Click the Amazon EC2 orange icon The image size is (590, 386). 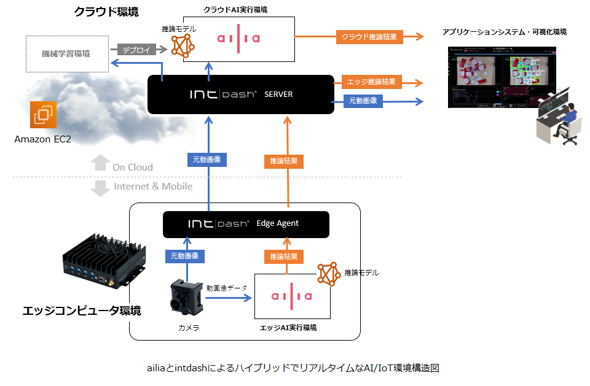pyautogui.click(x=43, y=115)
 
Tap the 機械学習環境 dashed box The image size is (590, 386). pyautogui.click(x=67, y=53)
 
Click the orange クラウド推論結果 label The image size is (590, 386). pyautogui.click(x=369, y=37)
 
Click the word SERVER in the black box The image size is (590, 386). pyautogui.click(x=278, y=95)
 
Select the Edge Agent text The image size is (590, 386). pyautogui.click(x=277, y=223)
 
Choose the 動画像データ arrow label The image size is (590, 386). pyautogui.click(x=227, y=287)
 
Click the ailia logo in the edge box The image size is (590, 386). pyautogui.click(x=291, y=296)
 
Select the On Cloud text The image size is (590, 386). pyautogui.click(x=132, y=167)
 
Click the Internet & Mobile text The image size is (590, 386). pyautogui.click(x=153, y=187)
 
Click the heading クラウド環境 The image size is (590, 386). pyautogui.click(x=106, y=12)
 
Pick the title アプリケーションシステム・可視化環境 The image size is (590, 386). pyautogui.click(x=504, y=32)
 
